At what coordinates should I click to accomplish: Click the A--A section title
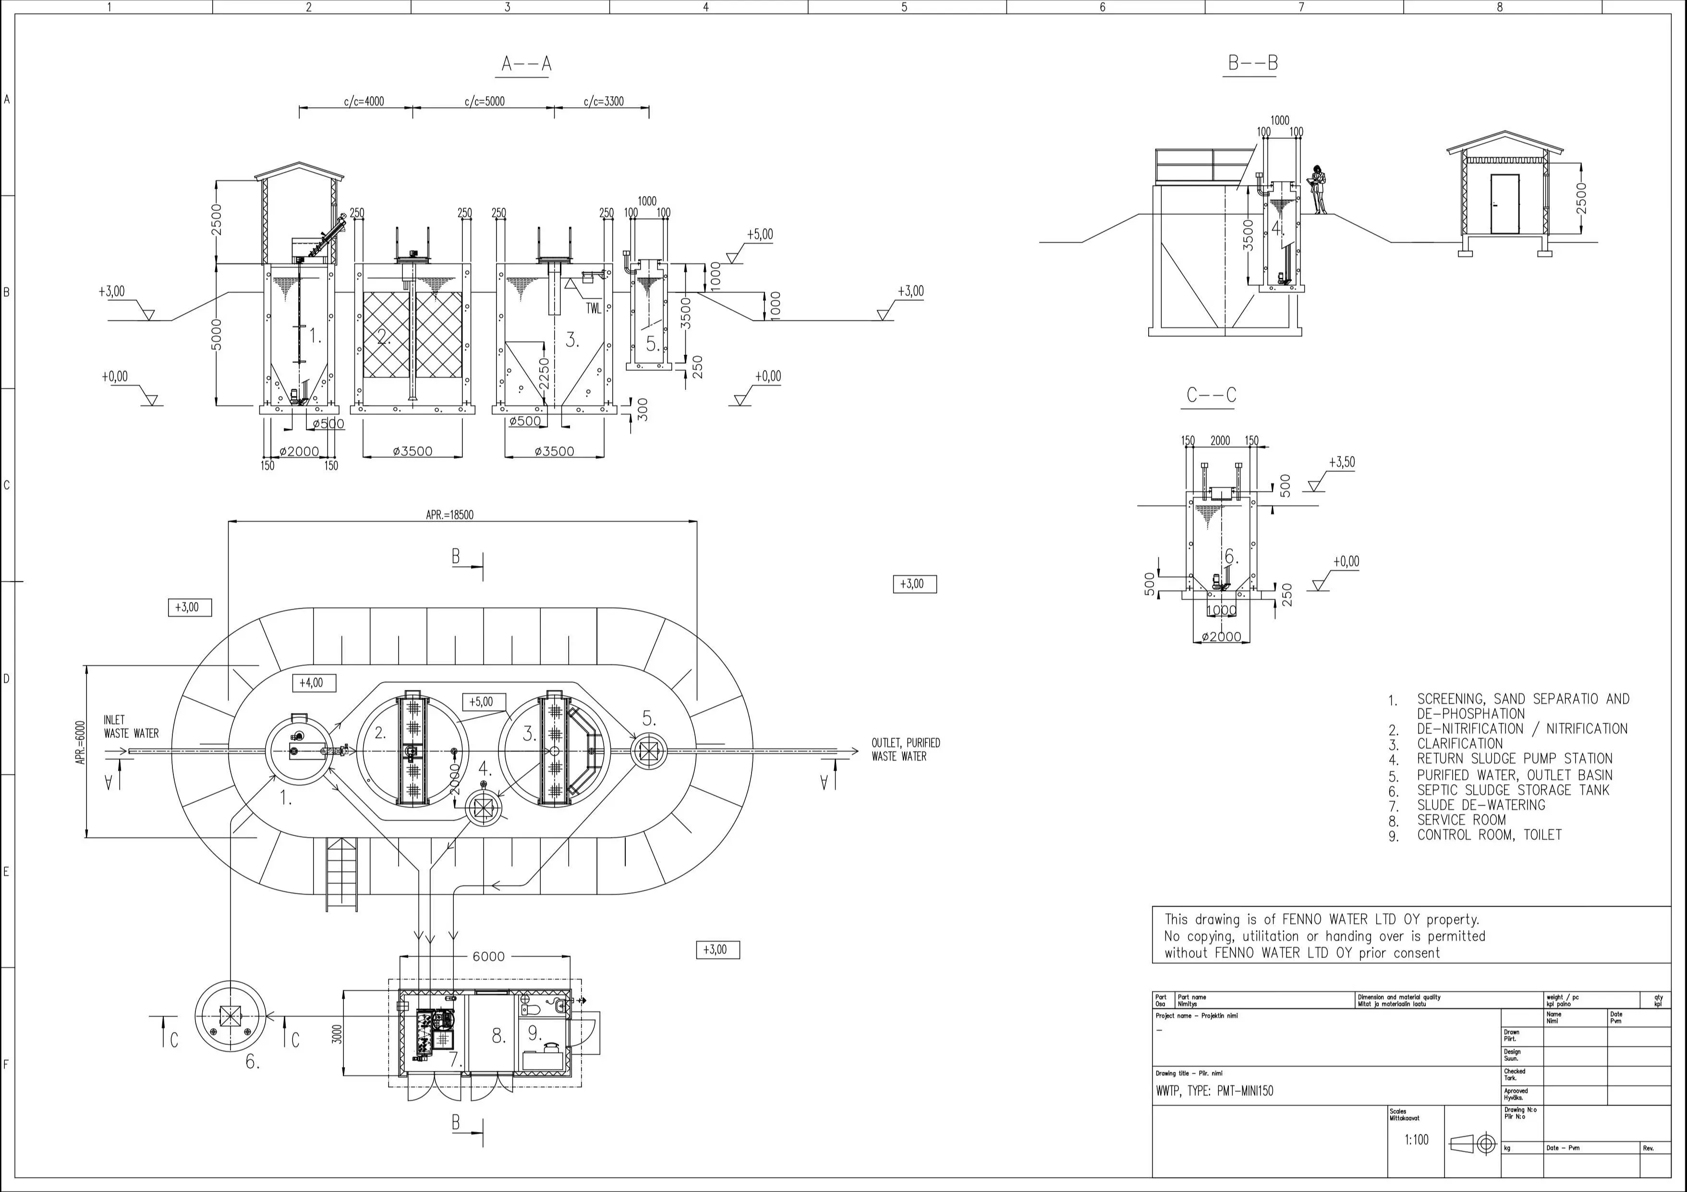pos(526,65)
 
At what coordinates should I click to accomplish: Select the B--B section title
pos(1252,63)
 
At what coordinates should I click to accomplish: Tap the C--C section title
pos(1211,395)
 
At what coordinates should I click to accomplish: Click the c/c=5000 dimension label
pos(484,101)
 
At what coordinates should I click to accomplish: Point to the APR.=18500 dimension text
pos(449,515)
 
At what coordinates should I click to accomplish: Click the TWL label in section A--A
pos(593,308)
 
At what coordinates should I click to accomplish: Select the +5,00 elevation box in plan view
pos(484,702)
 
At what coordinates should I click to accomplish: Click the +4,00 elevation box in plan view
pos(314,683)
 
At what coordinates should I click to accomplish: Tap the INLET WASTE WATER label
pos(131,726)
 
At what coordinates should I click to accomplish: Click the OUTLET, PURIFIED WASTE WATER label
pos(905,750)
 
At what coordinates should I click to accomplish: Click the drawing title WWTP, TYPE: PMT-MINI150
pos(1214,1091)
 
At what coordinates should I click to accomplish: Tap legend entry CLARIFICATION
pos(1459,744)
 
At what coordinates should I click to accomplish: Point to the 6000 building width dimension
pos(488,956)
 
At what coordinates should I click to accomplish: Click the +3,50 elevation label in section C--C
pos(1342,462)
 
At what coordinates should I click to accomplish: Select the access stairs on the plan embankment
pos(341,874)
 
